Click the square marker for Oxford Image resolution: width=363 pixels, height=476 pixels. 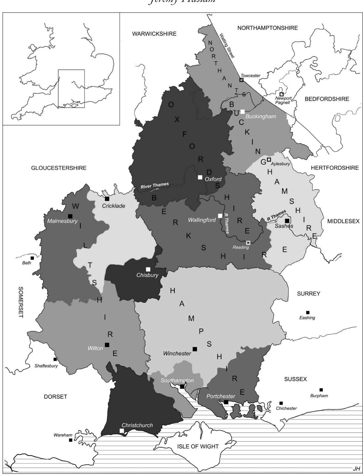200,177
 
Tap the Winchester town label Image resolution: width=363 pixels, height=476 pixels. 177,353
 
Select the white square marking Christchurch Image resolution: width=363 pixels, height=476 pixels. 122,430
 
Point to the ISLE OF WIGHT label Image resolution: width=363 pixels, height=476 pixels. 198,446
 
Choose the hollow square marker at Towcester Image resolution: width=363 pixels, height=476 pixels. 241,80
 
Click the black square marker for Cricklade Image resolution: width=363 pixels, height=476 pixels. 107,199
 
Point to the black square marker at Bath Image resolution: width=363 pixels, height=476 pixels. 32,258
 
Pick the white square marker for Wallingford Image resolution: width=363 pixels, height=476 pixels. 220,216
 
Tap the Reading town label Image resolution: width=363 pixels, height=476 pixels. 241,247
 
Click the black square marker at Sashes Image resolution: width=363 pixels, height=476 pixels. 287,221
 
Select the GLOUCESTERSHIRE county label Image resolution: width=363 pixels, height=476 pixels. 59,168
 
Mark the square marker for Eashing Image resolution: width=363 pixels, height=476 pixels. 308,312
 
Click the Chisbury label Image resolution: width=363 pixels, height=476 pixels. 147,275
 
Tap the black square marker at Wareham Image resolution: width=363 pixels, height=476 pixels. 71,440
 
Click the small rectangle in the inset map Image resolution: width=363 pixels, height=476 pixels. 71,89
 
